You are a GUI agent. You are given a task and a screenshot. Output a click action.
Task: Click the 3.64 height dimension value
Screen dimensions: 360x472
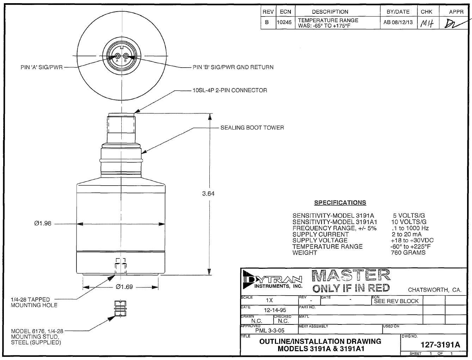[x=208, y=193]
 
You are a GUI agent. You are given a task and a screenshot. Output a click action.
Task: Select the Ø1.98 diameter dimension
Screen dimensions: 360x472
[x=43, y=223]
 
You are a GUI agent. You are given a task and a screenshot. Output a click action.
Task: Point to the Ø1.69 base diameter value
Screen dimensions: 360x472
[x=124, y=287]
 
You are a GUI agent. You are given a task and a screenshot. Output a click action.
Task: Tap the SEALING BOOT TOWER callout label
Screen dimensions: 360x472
[x=252, y=128]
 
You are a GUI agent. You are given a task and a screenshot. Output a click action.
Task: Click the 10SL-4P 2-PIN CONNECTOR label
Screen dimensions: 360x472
[x=229, y=90]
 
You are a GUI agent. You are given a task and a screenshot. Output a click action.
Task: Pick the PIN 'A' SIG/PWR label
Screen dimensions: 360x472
[x=42, y=67]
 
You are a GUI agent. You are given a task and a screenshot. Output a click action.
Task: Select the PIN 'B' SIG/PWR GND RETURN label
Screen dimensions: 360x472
[x=233, y=67]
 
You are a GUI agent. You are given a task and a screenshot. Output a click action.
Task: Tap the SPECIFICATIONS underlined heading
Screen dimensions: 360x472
[x=340, y=203]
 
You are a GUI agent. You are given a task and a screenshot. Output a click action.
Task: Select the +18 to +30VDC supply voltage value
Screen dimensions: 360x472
[x=412, y=240]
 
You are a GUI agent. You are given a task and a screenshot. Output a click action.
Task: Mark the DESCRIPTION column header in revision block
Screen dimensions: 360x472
[x=330, y=12]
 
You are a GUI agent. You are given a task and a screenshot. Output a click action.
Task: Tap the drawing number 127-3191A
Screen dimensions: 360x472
[x=440, y=345]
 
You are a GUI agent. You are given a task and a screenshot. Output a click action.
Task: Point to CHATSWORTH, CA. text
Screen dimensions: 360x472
[x=434, y=290]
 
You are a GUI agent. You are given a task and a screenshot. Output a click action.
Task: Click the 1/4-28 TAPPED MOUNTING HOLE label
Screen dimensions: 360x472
[x=34, y=302]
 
